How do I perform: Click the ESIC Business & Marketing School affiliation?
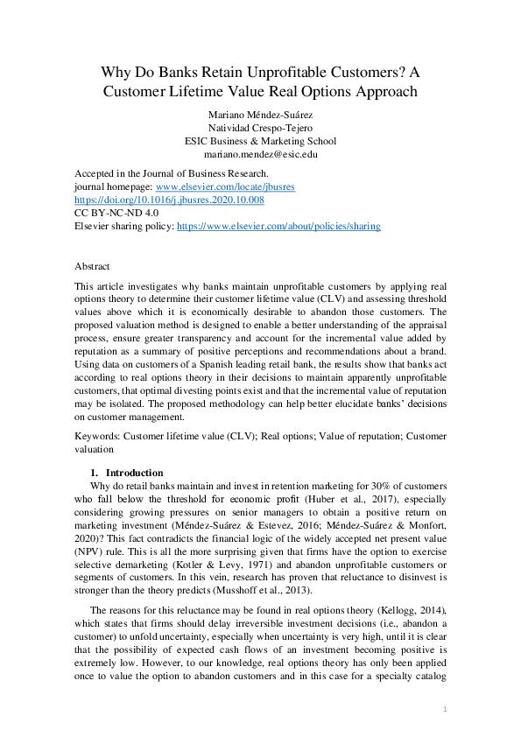[260, 141]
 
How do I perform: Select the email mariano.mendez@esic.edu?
[260, 154]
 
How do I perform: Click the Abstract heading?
[93, 266]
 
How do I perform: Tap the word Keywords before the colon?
[97, 434]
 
